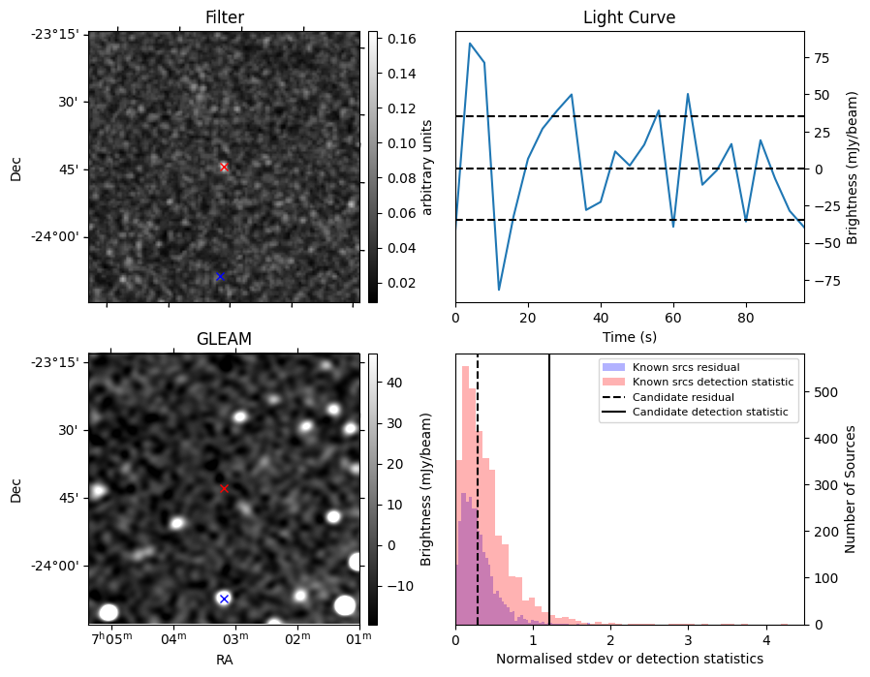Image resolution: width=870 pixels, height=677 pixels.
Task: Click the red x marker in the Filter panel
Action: click(x=224, y=167)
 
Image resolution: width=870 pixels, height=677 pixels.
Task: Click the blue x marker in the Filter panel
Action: click(x=220, y=277)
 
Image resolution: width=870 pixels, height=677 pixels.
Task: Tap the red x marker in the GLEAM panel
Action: click(x=224, y=488)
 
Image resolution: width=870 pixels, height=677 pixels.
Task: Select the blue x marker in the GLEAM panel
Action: click(x=224, y=599)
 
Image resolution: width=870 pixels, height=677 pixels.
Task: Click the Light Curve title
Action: click(x=629, y=17)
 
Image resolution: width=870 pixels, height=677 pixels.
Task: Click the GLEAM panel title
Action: click(x=224, y=339)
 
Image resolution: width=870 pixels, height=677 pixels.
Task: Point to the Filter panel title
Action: click(x=224, y=17)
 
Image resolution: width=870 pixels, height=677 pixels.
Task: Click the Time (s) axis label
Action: click(x=629, y=335)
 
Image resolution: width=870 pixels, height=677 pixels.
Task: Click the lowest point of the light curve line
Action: click(x=499, y=290)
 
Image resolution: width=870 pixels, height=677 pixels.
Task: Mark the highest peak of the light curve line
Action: click(x=470, y=43)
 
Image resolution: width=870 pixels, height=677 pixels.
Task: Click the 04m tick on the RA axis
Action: click(x=173, y=637)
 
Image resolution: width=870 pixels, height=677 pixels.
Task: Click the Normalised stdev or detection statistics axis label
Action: click(x=629, y=659)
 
